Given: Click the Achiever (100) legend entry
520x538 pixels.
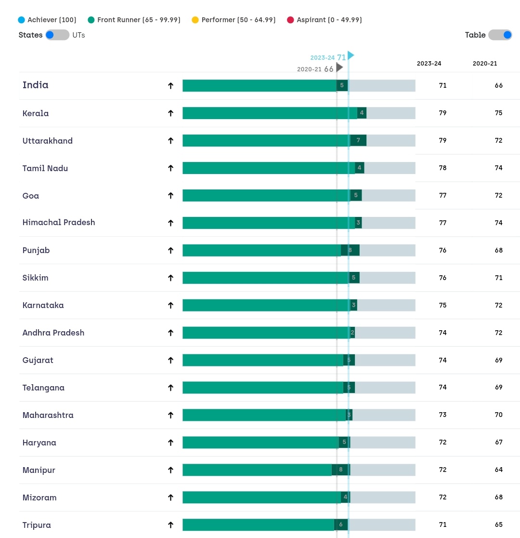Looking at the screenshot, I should coord(47,20).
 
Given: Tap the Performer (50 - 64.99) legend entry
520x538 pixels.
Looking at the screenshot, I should coord(234,20).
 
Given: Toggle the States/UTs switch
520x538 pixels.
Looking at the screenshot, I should coord(57,35).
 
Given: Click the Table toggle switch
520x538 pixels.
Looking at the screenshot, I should coord(500,35).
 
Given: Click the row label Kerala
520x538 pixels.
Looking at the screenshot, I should coord(36,113).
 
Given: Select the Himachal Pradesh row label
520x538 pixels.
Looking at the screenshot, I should coord(59,223).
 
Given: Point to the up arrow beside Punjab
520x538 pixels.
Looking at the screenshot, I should coord(170,250).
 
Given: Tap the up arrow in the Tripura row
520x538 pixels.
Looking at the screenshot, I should coord(170,525).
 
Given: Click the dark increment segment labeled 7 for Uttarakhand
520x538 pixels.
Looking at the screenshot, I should coord(358,141).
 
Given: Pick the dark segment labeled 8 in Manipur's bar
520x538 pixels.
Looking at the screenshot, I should coord(340,470).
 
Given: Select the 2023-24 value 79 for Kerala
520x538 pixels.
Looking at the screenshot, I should coord(442,113).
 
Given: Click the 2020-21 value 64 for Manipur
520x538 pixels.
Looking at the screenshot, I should coord(498,470).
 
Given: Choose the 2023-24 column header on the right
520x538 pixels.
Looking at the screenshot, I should coord(429,64).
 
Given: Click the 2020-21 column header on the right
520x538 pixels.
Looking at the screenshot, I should coord(485,64).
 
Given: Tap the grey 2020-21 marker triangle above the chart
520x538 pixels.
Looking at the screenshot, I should coord(339,68).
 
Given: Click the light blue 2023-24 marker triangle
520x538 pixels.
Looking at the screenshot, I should coord(351,55).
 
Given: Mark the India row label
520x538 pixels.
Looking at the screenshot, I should coord(36,85).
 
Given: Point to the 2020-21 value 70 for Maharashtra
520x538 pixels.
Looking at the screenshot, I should coord(498,415).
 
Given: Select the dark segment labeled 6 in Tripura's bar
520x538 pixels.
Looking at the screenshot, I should coord(341,525).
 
